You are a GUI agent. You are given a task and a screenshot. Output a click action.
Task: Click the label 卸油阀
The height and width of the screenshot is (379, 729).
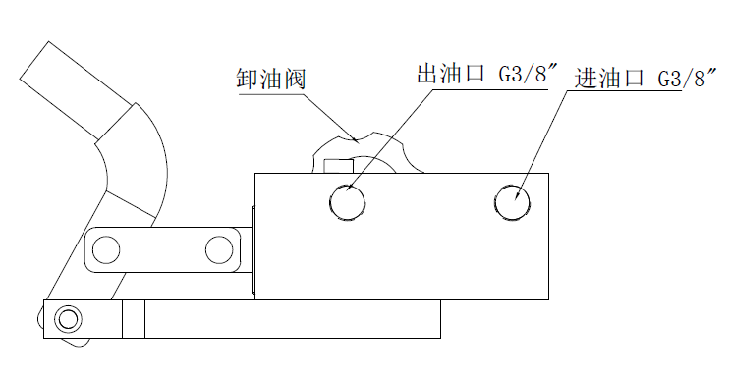(270, 79)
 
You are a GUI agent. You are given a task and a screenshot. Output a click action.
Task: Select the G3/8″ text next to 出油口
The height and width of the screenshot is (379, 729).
(529, 74)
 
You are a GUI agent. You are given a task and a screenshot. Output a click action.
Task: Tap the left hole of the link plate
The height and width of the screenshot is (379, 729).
(106, 249)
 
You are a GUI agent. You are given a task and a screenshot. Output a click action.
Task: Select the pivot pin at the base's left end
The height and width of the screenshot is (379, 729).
(69, 319)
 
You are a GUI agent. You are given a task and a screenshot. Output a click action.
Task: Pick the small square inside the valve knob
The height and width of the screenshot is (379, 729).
(338, 166)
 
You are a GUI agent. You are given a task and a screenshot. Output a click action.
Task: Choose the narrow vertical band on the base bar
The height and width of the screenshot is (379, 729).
(134, 319)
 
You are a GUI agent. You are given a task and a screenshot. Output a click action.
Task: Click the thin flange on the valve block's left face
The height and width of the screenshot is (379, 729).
(253, 250)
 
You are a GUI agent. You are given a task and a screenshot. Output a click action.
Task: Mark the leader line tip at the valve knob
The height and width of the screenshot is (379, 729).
(356, 140)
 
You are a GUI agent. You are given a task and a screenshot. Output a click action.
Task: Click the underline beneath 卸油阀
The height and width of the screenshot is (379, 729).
(271, 94)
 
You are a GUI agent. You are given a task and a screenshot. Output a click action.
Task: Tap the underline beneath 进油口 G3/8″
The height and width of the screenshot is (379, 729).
(625, 90)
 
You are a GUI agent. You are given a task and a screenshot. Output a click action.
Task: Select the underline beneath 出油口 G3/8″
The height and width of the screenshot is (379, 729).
(490, 89)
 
